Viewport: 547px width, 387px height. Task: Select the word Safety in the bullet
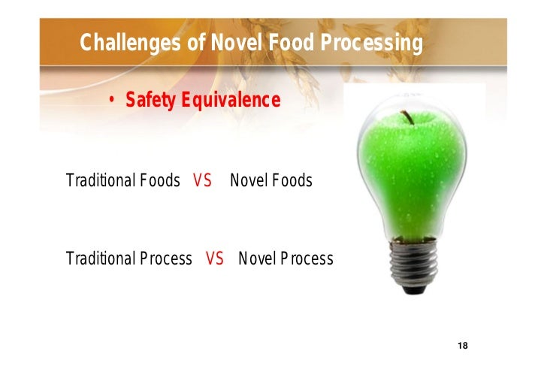click(149, 100)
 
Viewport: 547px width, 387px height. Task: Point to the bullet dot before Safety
click(112, 101)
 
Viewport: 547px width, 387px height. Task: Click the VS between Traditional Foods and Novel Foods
click(202, 181)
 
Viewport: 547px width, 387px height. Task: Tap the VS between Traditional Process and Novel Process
click(215, 259)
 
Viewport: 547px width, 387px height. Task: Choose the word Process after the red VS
click(305, 259)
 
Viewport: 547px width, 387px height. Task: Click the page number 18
click(462, 345)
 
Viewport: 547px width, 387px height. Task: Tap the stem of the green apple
click(409, 117)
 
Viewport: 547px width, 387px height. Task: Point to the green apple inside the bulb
click(413, 173)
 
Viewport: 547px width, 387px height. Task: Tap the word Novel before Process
click(254, 259)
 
